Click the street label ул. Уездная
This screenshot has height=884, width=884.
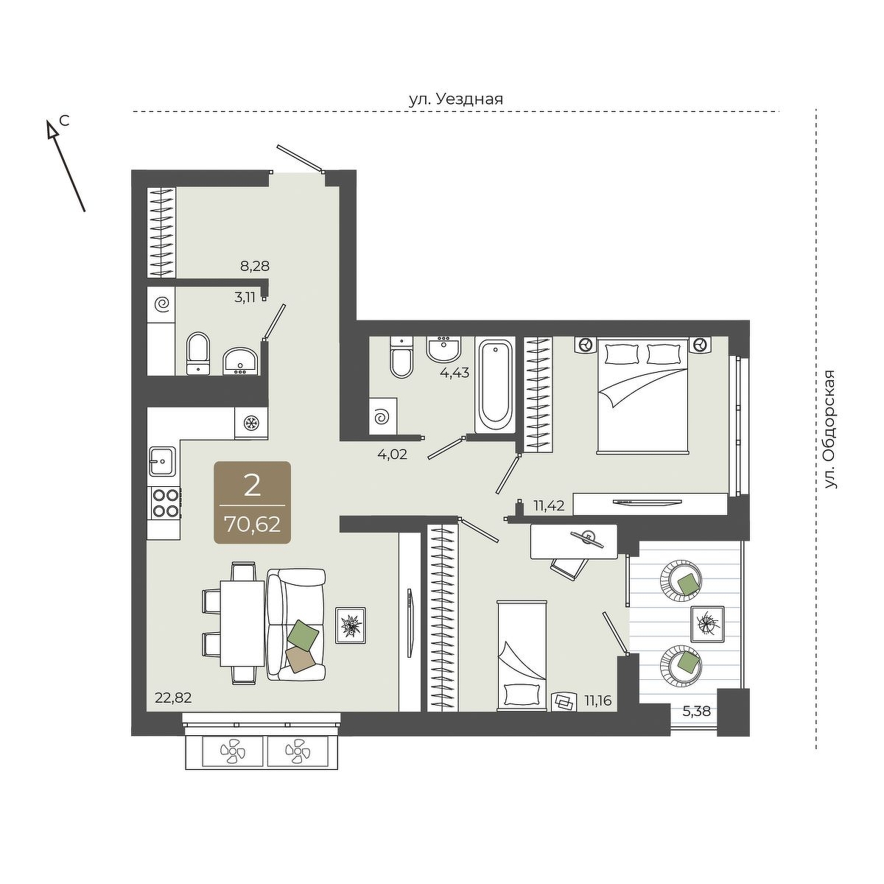tap(455, 99)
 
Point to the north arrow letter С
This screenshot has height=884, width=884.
tap(65, 121)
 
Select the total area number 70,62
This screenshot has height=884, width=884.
tap(253, 524)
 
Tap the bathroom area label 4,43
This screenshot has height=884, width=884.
tap(455, 373)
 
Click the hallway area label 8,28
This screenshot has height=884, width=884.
tap(255, 266)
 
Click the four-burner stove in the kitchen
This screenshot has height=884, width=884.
tap(165, 503)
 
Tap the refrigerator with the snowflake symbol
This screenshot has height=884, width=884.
tap(251, 422)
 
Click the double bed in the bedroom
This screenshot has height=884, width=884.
tap(642, 396)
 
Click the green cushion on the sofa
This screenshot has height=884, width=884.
tap(303, 634)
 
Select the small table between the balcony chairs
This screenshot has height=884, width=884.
tap(707, 624)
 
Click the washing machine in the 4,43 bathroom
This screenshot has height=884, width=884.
tap(384, 415)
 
